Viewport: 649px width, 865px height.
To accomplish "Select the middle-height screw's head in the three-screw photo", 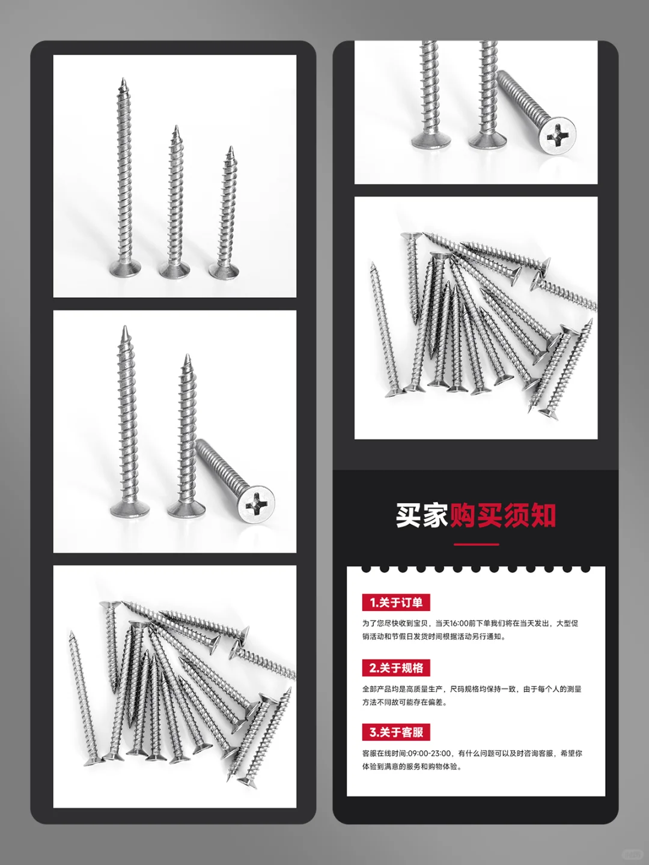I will click(174, 270).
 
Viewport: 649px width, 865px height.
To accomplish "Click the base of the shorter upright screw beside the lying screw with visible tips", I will click(186, 510).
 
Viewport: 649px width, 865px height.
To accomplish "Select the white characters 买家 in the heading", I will click(422, 515).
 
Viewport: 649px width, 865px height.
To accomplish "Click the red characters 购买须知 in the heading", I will click(502, 515).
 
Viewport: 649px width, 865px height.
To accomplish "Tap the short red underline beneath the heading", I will click(476, 544).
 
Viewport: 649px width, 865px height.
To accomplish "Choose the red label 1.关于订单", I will click(396, 602).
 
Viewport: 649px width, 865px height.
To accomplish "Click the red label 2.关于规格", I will click(396, 668).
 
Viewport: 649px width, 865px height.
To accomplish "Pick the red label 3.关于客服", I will click(396, 732).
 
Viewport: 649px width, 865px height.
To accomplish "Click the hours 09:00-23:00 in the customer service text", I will click(429, 753).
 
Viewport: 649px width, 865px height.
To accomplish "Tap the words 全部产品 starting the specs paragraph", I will click(376, 689).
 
